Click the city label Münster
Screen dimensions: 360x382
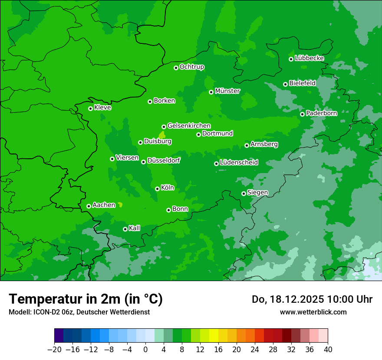point(227,91)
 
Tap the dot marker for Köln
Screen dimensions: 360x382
point(157,189)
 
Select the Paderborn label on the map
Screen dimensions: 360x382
point(322,113)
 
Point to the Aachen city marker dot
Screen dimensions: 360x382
point(89,206)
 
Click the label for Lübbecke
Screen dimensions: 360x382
point(309,58)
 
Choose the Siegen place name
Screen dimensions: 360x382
point(257,193)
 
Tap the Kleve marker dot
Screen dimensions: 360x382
point(90,108)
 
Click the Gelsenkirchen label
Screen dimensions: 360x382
point(189,126)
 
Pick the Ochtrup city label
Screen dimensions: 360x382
point(192,67)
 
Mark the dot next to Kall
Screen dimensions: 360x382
point(125,229)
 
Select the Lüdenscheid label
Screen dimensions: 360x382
point(239,163)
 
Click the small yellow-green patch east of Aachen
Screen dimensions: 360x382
point(120,204)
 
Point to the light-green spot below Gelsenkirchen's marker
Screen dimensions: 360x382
point(162,135)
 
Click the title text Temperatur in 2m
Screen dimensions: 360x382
point(86,299)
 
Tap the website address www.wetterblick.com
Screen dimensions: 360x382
point(313,312)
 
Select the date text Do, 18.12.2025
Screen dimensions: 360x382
point(287,299)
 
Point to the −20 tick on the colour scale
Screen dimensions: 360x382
point(55,350)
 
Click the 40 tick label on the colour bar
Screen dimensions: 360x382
point(328,350)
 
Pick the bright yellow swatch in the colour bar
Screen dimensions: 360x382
point(214,335)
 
